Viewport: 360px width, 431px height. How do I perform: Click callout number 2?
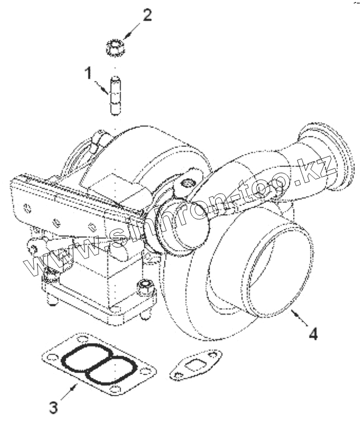click(x=147, y=15)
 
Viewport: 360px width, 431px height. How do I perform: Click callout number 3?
click(x=53, y=406)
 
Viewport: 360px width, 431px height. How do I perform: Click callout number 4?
click(x=313, y=333)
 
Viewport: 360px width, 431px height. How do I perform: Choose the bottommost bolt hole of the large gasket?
click(x=117, y=389)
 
